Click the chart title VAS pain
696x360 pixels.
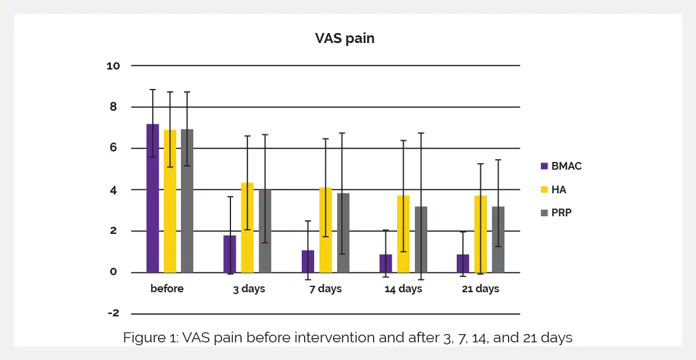tap(345, 39)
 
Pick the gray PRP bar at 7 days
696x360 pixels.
tap(342, 233)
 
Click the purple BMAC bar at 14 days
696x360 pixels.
tap(386, 263)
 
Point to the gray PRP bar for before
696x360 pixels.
tap(187, 201)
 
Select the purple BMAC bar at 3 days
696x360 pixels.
tap(230, 254)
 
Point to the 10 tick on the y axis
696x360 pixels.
tap(113, 66)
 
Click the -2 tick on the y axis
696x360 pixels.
tap(113, 313)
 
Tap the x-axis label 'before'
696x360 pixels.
tap(167, 289)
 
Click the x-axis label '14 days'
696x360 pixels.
tap(403, 289)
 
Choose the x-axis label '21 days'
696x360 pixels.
tap(480, 289)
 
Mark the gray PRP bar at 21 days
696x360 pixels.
tap(498, 239)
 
